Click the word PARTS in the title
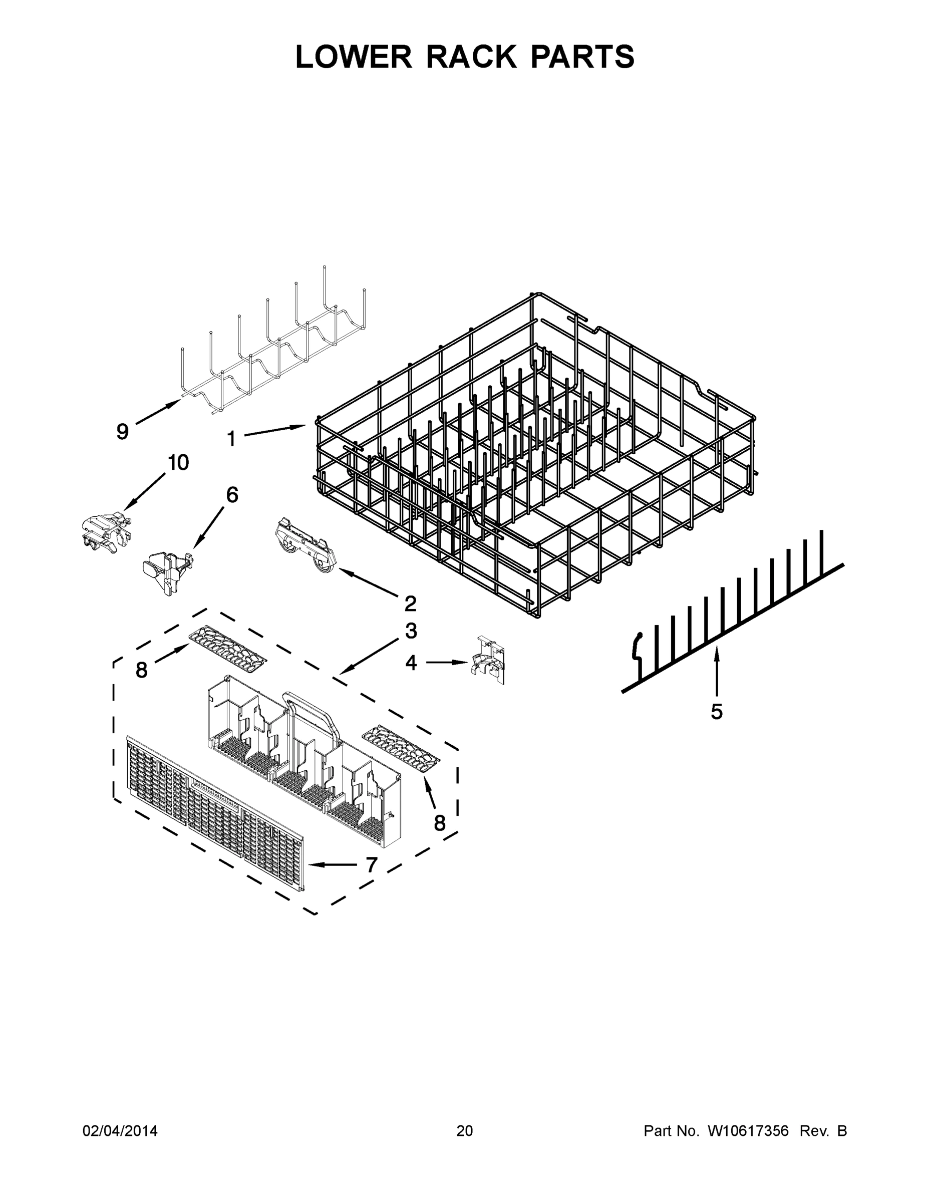[582, 57]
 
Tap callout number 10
[178, 463]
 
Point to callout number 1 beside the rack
[232, 439]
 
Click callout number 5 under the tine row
[716, 712]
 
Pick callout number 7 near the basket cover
[372, 865]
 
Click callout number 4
[411, 663]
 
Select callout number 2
[410, 604]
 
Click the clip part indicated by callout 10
[106, 532]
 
